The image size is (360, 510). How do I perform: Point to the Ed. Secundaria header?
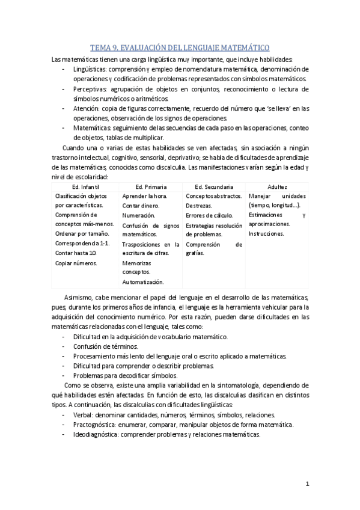pyautogui.click(x=214, y=187)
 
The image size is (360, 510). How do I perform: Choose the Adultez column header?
pyautogui.click(x=277, y=187)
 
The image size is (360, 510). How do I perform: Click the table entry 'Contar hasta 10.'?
pyautogui.click(x=76, y=253)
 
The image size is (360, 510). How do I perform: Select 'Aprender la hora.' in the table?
pyautogui.click(x=145, y=196)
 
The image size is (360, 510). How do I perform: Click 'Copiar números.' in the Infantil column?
pyautogui.click(x=76, y=263)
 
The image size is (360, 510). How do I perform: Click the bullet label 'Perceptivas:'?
pyautogui.click(x=91, y=88)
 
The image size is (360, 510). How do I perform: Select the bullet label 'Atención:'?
pyautogui.click(x=87, y=108)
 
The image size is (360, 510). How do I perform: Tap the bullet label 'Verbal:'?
pyautogui.click(x=83, y=414)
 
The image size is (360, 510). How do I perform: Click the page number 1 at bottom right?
pyautogui.click(x=307, y=483)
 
